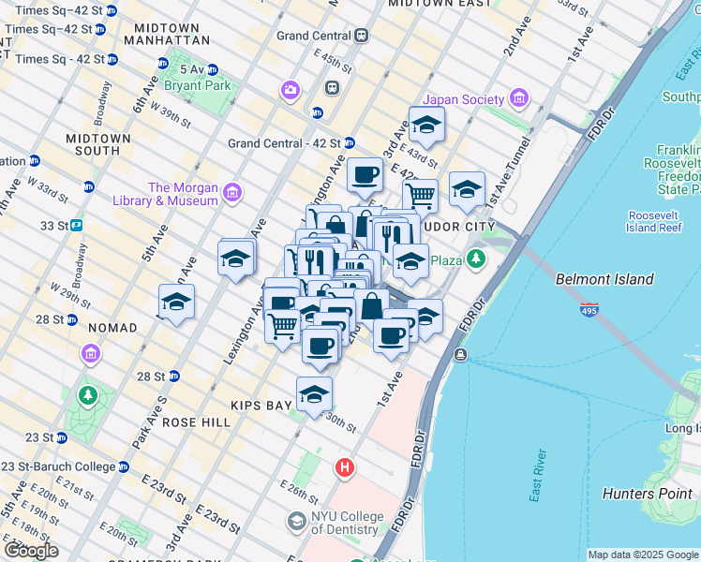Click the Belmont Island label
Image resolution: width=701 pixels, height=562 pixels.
point(604,279)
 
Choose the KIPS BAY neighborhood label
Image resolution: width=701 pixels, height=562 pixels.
point(265,407)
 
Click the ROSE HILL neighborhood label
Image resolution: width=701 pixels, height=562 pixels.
point(196,422)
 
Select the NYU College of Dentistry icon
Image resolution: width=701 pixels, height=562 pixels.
point(297,522)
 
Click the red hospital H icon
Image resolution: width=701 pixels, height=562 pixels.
point(345,466)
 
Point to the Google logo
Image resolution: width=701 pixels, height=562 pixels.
point(31,551)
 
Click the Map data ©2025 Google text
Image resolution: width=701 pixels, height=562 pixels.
point(643,555)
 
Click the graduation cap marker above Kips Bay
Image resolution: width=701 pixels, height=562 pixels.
point(315,394)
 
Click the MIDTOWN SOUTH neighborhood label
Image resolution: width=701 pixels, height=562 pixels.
point(98,144)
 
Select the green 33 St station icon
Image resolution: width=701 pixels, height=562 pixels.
point(76,225)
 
